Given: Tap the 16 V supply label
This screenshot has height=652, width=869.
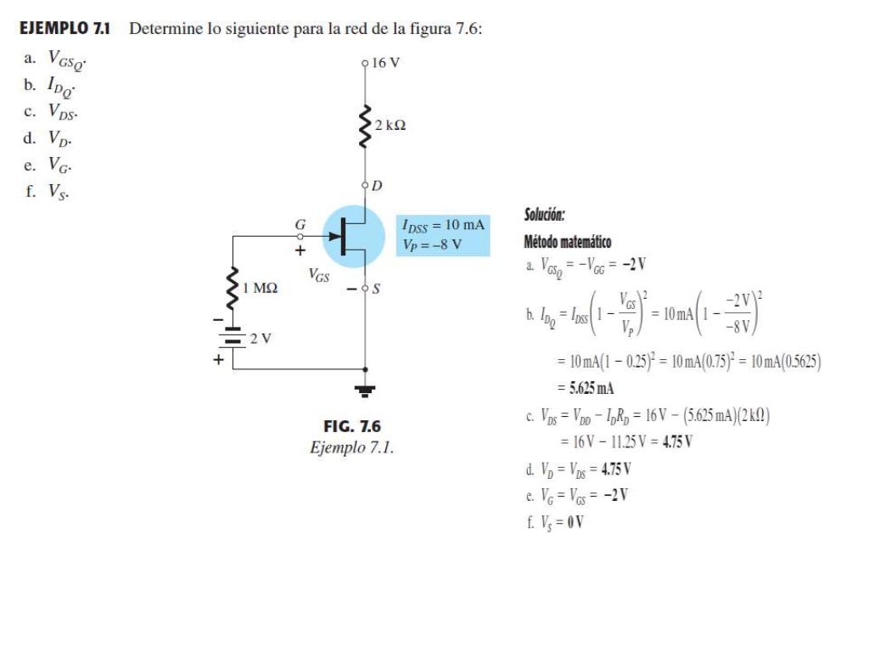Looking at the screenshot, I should point(385,63).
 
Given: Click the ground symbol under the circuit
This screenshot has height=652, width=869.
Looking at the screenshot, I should point(366,391).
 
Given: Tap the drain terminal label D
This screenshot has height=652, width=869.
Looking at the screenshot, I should point(378,185).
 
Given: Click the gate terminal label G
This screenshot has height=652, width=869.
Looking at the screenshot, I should point(299,224).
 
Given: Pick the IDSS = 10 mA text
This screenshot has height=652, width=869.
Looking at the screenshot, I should point(443,225).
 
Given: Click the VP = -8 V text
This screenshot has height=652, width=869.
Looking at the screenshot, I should point(433,244).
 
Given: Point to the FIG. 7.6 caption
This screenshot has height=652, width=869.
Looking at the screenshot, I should point(352,426).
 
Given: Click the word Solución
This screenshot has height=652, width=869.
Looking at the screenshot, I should point(544,215).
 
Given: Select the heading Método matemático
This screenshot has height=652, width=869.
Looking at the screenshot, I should point(567,242).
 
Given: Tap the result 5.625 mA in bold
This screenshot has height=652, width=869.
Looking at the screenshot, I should point(585,389).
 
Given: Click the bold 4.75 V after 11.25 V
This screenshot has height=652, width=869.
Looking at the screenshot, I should point(675,441).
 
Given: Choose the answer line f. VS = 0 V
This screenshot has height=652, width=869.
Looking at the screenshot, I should point(555,521).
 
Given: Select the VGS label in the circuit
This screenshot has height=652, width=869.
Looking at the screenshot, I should point(320,274).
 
